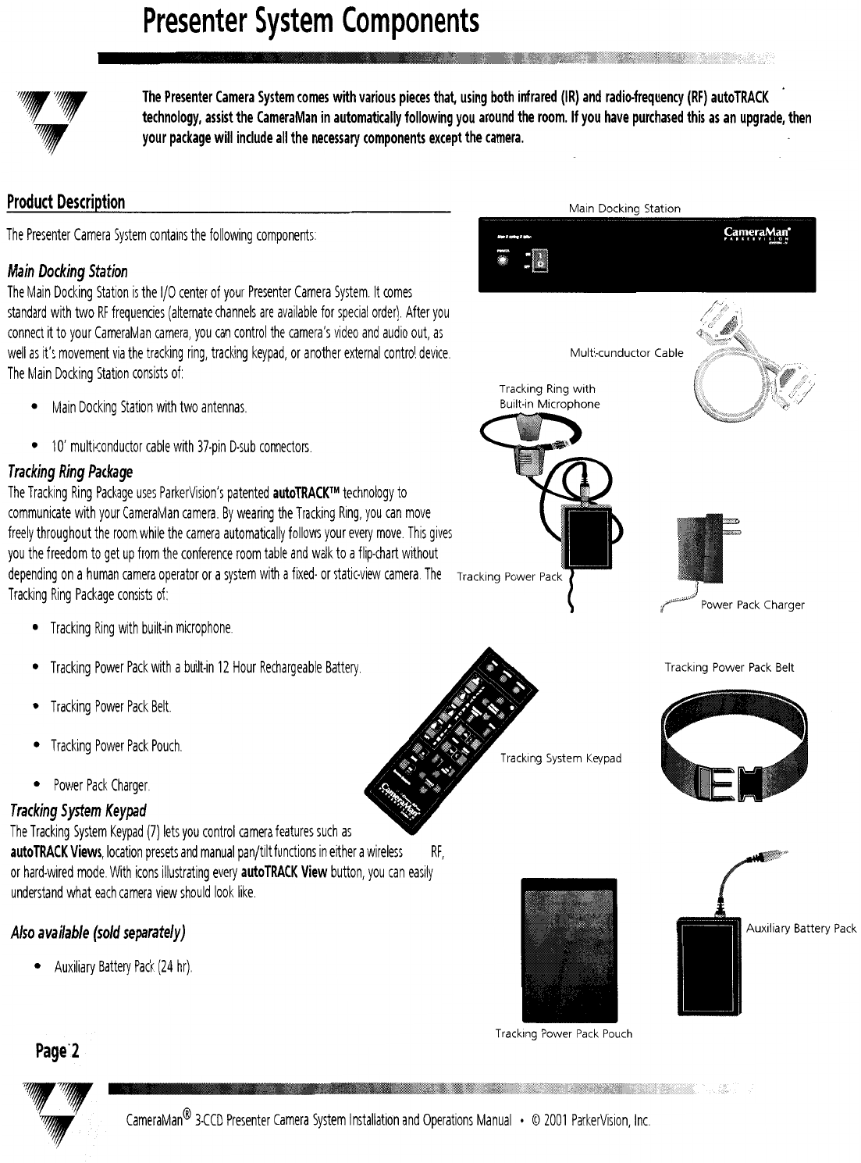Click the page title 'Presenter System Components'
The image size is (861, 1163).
(x=311, y=22)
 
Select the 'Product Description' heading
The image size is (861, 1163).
(x=66, y=202)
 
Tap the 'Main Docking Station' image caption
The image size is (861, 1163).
(x=624, y=209)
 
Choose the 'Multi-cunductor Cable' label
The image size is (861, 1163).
(x=626, y=353)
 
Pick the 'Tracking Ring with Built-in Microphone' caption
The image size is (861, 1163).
(x=549, y=396)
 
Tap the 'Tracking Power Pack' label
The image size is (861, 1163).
(x=509, y=577)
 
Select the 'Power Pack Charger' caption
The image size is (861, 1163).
(x=752, y=605)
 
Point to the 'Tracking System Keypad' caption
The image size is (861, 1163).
(x=560, y=758)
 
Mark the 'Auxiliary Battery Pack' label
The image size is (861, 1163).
(x=801, y=929)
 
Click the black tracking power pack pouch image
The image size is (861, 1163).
(x=568, y=949)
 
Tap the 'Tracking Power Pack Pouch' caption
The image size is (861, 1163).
(x=564, y=1034)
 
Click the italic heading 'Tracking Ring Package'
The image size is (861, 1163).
(x=70, y=472)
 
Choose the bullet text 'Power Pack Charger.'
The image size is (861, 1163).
(x=101, y=785)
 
